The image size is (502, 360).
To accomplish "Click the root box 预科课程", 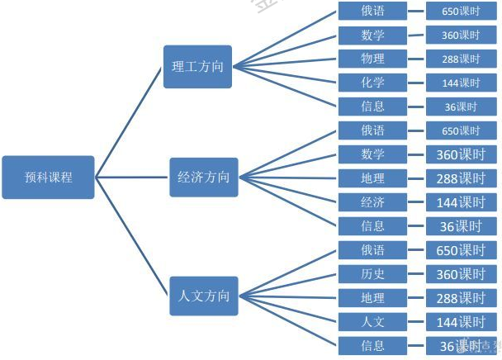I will click(48, 177).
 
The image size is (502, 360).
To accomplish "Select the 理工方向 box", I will click(197, 66).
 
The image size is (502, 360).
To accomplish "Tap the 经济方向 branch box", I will click(203, 177).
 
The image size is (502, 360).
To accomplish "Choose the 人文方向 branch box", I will click(203, 296).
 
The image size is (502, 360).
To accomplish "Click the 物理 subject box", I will click(372, 59).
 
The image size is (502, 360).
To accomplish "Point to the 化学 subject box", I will click(372, 83).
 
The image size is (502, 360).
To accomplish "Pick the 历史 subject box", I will click(372, 273).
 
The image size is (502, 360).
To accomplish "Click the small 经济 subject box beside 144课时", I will click(372, 201).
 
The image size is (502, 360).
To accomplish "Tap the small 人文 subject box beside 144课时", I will click(372, 321).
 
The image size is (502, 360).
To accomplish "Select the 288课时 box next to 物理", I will click(461, 59).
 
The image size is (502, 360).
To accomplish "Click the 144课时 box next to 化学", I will click(461, 83).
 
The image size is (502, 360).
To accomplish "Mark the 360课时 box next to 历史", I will click(461, 273).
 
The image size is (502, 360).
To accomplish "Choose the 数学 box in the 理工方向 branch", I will click(372, 35).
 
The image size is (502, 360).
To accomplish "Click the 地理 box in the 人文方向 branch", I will click(372, 297).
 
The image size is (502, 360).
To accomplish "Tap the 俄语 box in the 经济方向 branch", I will click(372, 130).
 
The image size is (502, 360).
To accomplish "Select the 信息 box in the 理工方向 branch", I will click(372, 107).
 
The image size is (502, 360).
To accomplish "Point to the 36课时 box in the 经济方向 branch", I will click(461, 225).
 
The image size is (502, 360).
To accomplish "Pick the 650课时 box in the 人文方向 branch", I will click(461, 249).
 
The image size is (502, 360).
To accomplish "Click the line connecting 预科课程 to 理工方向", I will click(130, 121).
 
